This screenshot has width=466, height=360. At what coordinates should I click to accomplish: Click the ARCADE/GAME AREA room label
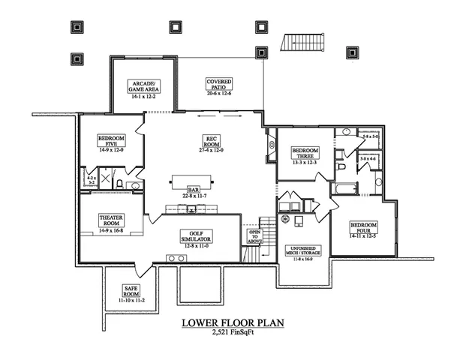(x=143, y=86)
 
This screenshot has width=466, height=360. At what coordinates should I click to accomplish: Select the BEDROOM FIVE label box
(x=110, y=142)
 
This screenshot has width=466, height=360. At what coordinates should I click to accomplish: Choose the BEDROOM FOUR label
(x=363, y=229)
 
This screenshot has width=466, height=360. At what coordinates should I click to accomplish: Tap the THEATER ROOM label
(x=111, y=221)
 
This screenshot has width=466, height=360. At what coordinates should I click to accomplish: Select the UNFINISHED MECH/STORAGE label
(x=304, y=252)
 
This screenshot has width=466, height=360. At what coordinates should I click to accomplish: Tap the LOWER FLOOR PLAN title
(x=233, y=323)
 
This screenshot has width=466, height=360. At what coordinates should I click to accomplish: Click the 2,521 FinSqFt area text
(x=233, y=333)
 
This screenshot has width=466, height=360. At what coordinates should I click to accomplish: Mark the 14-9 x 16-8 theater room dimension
(x=111, y=230)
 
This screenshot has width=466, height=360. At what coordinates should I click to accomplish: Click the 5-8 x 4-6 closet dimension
(x=368, y=160)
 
